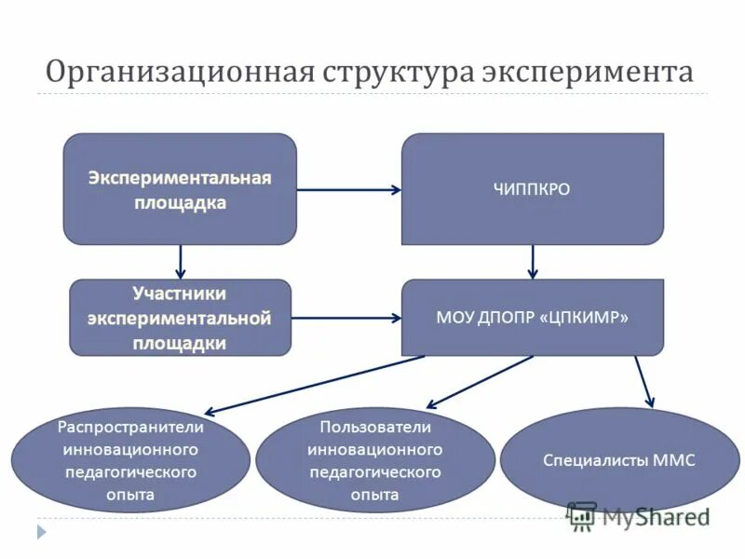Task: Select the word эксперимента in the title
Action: point(589,72)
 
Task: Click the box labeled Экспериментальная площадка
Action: point(180,189)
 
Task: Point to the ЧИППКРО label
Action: point(532,189)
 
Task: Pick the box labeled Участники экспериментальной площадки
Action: point(180,318)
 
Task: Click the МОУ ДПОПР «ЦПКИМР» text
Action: point(532,318)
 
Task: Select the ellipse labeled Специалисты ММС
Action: point(619,459)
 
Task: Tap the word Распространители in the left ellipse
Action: point(130,427)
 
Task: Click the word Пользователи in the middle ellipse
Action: point(375,427)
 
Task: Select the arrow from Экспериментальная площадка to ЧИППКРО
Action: point(348,189)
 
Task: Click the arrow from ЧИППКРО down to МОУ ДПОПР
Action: point(532,262)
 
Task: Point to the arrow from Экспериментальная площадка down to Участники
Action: point(181,262)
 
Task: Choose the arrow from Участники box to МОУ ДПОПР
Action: point(345,318)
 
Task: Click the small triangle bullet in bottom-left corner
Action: point(41,532)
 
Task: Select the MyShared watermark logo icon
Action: point(581,515)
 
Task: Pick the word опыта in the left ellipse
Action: point(130,495)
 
